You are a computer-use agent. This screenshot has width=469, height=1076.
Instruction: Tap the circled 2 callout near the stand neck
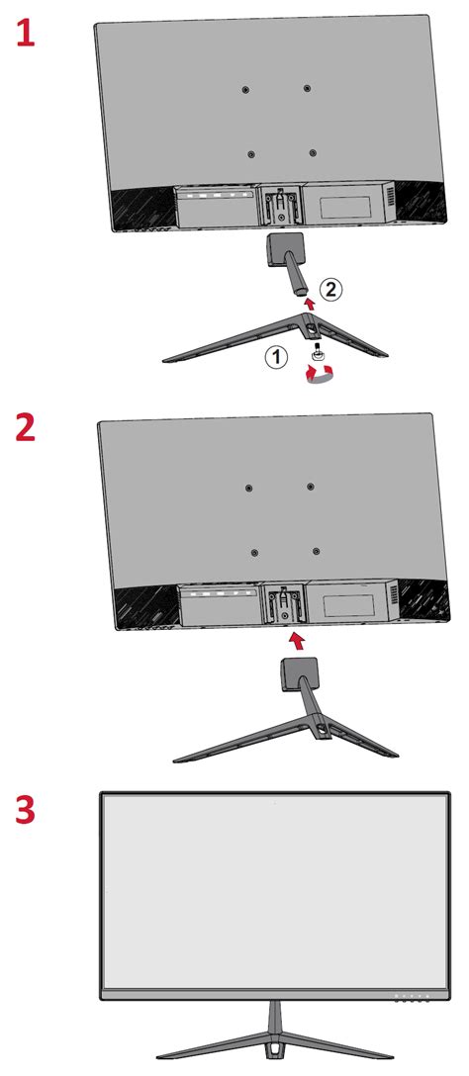click(x=332, y=289)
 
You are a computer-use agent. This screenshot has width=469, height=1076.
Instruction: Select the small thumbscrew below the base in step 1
click(x=320, y=353)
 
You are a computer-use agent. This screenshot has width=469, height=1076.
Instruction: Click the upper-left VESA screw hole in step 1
click(x=245, y=89)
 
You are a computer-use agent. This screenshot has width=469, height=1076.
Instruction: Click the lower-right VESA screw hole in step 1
click(x=313, y=153)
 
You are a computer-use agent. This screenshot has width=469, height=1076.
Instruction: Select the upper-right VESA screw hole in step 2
click(x=310, y=487)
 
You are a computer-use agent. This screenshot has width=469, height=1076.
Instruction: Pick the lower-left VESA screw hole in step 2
click(x=254, y=552)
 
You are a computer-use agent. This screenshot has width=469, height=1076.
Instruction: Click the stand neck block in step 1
click(x=283, y=247)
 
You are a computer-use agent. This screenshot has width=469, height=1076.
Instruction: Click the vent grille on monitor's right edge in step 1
click(x=391, y=204)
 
